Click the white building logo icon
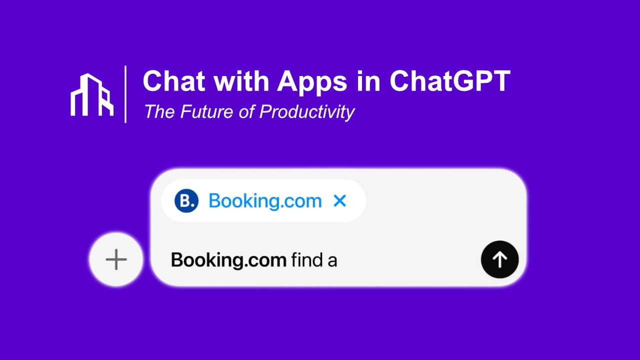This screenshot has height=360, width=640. [x=92, y=95]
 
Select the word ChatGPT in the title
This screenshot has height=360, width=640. [x=449, y=81]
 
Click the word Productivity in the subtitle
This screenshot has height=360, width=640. [x=307, y=111]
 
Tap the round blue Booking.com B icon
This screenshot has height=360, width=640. [x=186, y=201]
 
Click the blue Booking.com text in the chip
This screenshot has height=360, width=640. [x=265, y=201]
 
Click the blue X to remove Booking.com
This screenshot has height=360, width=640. [x=339, y=201]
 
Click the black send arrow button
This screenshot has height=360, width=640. [x=499, y=259]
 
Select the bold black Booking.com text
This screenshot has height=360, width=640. [x=229, y=260]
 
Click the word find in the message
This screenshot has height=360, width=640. [x=307, y=260]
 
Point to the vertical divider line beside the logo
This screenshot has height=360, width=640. [x=125, y=94]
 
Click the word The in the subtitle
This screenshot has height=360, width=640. [x=158, y=111]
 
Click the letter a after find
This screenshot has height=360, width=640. [x=332, y=261]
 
